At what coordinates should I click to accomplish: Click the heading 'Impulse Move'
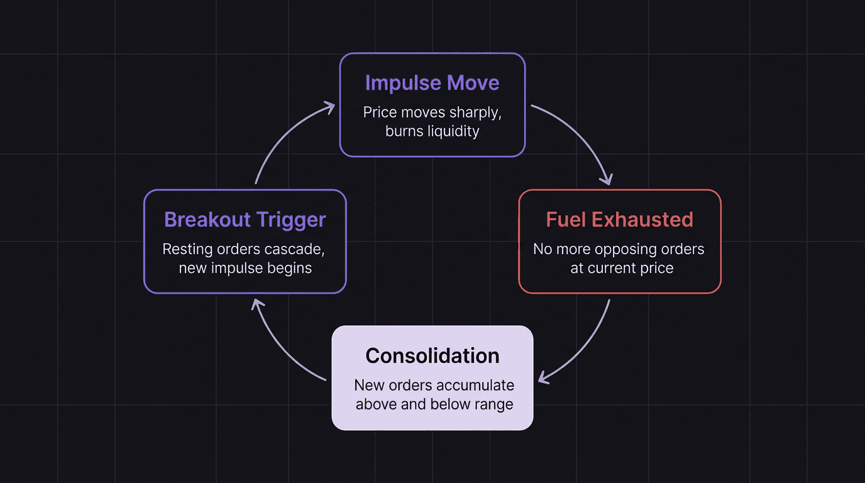tap(432, 83)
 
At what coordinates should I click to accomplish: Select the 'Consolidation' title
tap(432, 356)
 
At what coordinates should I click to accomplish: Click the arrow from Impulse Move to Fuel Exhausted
tap(581, 138)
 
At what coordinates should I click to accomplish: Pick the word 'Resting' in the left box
tap(184, 249)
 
